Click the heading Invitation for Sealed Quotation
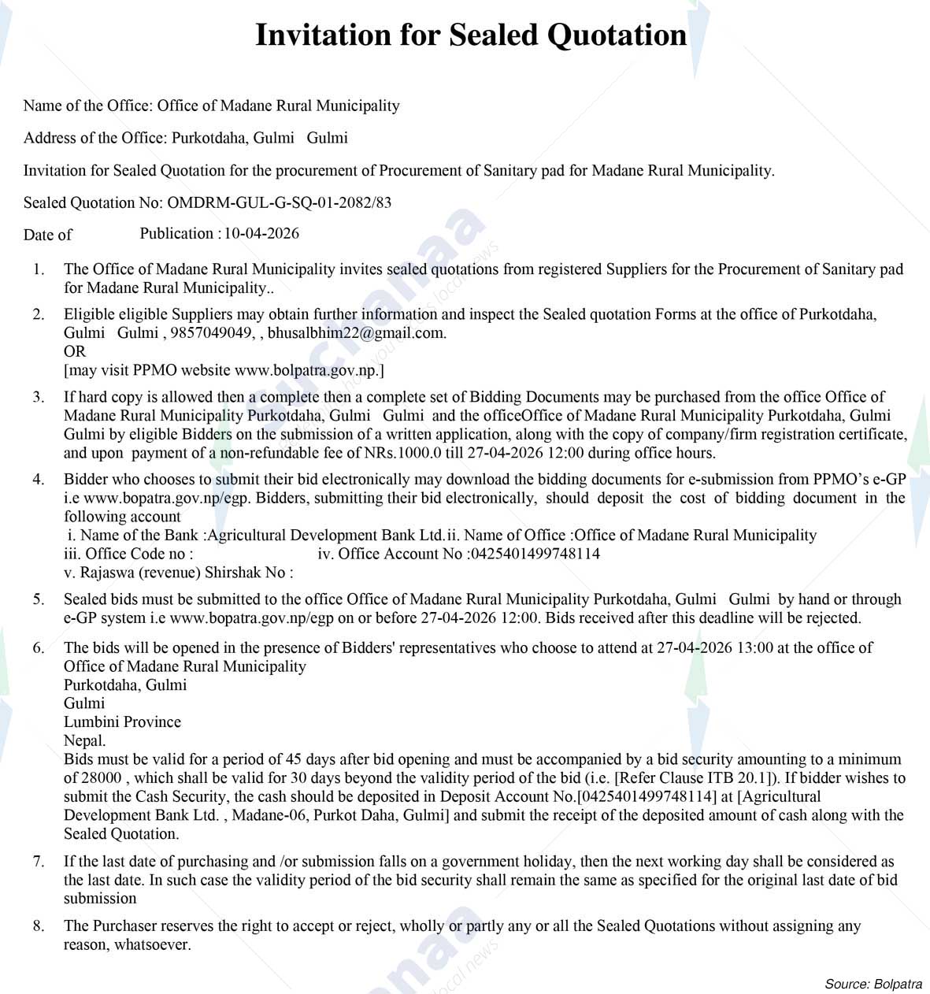pos(471,35)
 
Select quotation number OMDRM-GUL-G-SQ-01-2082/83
pos(280,202)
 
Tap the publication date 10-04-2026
pos(261,233)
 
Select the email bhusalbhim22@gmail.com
pos(356,332)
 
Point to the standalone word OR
pos(75,351)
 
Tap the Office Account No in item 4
pos(535,554)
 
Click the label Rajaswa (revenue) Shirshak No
pos(178,573)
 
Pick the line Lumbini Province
pos(122,721)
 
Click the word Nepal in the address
pos(84,740)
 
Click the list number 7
pos(38,861)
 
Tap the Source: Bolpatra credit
pos(873,984)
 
